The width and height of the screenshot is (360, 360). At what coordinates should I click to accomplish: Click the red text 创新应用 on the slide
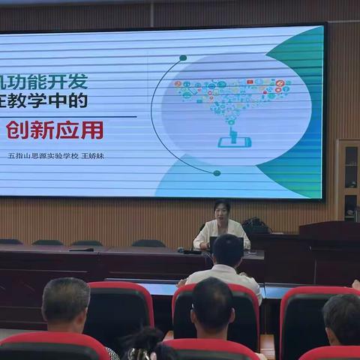(x=54, y=130)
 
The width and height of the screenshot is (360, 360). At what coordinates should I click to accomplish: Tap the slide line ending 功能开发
(x=44, y=81)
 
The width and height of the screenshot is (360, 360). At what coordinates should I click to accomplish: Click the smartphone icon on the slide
(x=234, y=140)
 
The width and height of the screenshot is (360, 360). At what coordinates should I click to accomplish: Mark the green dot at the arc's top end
(x=183, y=58)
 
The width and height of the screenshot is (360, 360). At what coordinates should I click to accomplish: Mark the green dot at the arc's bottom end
(x=217, y=173)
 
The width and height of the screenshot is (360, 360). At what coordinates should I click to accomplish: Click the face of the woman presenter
(x=221, y=210)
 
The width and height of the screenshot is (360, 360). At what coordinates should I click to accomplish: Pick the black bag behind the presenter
(x=256, y=225)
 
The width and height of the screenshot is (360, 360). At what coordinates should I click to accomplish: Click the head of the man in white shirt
(x=227, y=252)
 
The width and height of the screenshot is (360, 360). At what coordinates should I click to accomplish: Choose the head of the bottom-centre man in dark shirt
(x=212, y=307)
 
